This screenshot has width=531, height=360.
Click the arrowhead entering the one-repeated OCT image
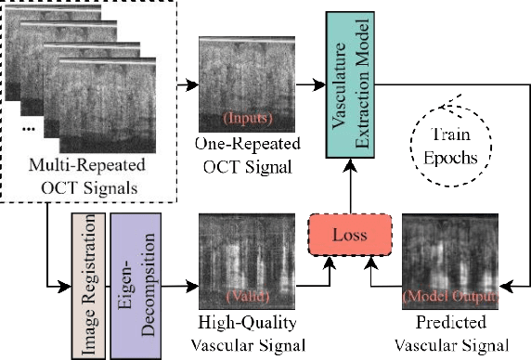click(x=193, y=84)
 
